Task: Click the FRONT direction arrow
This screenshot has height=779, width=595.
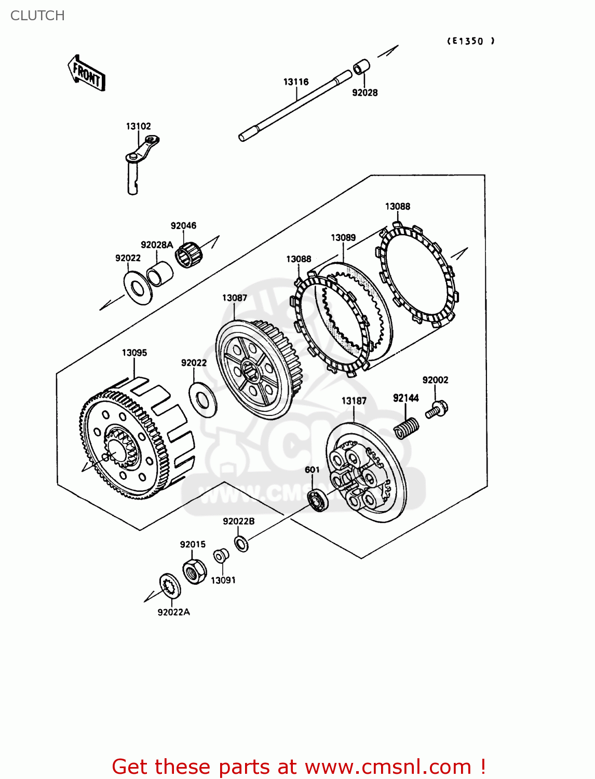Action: click(87, 74)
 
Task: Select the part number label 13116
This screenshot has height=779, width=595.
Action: click(296, 82)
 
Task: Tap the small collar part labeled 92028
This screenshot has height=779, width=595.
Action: click(362, 68)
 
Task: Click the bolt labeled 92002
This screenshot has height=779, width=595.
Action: click(437, 409)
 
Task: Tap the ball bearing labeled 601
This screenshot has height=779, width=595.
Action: click(318, 500)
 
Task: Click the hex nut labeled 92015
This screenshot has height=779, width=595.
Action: click(195, 572)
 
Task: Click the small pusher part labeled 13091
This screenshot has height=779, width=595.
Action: click(221, 556)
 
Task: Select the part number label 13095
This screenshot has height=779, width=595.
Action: click(134, 353)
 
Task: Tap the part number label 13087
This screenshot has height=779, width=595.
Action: click(235, 298)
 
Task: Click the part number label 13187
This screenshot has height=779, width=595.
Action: click(354, 400)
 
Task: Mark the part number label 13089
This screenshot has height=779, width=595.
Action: click(343, 237)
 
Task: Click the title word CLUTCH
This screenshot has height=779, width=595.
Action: click(37, 16)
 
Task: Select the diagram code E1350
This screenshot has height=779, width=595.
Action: click(470, 41)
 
